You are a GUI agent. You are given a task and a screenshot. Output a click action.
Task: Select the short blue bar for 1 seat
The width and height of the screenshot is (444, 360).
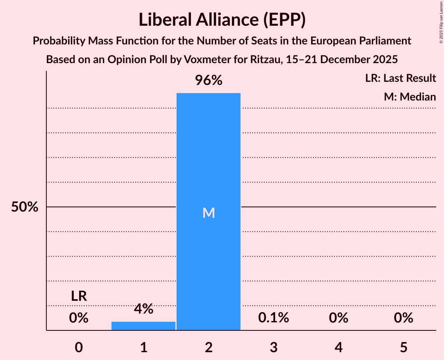pyautogui.click(x=143, y=326)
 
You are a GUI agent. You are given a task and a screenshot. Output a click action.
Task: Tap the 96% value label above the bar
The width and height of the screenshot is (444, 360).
pyautogui.click(x=209, y=81)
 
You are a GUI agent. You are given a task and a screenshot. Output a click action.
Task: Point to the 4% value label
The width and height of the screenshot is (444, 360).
pyautogui.click(x=143, y=309)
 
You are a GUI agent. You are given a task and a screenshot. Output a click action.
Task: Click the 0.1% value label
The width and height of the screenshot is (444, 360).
pyautogui.click(x=274, y=318)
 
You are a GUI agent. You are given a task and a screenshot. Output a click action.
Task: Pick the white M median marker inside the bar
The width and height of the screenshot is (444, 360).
pyautogui.click(x=209, y=213)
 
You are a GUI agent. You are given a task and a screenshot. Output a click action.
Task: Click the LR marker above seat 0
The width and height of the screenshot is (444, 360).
pyautogui.click(x=79, y=296)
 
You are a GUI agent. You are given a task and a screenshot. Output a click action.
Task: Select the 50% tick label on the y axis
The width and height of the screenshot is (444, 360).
pyautogui.click(x=25, y=207)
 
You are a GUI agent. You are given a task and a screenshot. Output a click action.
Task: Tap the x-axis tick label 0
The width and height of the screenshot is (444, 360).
pyautogui.click(x=79, y=347)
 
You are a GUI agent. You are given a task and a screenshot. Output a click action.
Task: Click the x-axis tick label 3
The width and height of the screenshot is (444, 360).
pyautogui.click(x=274, y=347)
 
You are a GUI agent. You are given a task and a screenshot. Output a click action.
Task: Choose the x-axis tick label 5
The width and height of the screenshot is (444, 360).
pyautogui.click(x=403, y=347)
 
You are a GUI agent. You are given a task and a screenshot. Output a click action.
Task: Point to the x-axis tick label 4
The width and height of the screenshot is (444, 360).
pyautogui.click(x=338, y=347)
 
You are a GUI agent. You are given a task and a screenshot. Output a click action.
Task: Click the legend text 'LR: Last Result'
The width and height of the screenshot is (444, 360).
pyautogui.click(x=400, y=78)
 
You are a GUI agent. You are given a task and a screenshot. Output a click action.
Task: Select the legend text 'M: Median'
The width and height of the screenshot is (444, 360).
pyautogui.click(x=410, y=97)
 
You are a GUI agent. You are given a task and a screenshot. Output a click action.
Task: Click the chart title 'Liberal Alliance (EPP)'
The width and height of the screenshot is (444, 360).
pyautogui.click(x=222, y=20)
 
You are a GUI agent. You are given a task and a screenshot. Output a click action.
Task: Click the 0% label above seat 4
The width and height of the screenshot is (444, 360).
pyautogui.click(x=338, y=318)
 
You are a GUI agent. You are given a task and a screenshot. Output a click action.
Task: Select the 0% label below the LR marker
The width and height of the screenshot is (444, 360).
pyautogui.click(x=79, y=318)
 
